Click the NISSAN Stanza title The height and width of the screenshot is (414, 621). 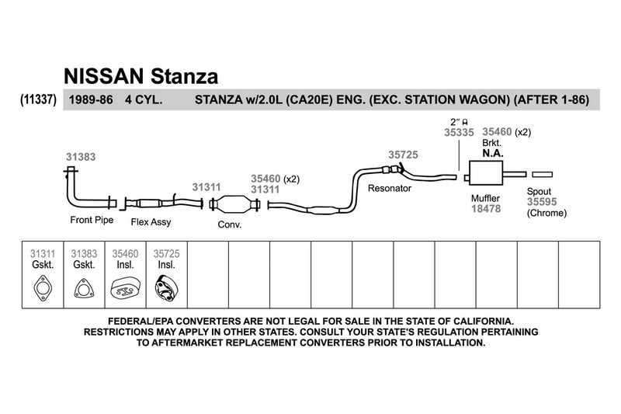point(141,76)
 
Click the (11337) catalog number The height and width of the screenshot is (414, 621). point(38,99)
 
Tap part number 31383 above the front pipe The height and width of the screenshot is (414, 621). point(81,157)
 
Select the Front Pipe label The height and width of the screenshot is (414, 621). point(92,220)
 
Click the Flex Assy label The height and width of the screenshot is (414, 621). point(151,222)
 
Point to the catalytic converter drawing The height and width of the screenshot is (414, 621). point(234,204)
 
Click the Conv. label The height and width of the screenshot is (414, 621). point(230,224)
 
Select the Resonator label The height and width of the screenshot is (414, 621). point(390,188)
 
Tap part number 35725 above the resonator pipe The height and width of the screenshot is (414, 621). point(403,155)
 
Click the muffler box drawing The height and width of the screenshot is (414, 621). point(486,173)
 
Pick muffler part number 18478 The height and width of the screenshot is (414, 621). point(486,209)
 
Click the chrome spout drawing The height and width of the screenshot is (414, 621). point(542,174)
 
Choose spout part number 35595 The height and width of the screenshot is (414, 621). point(542,202)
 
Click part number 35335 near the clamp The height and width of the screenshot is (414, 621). point(459,132)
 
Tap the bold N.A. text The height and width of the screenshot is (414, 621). point(493,153)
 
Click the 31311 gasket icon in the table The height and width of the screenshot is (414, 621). point(43,288)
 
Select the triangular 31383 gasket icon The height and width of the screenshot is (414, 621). point(84,288)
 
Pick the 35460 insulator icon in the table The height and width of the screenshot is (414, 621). point(125,289)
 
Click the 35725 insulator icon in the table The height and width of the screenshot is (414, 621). point(166,288)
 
